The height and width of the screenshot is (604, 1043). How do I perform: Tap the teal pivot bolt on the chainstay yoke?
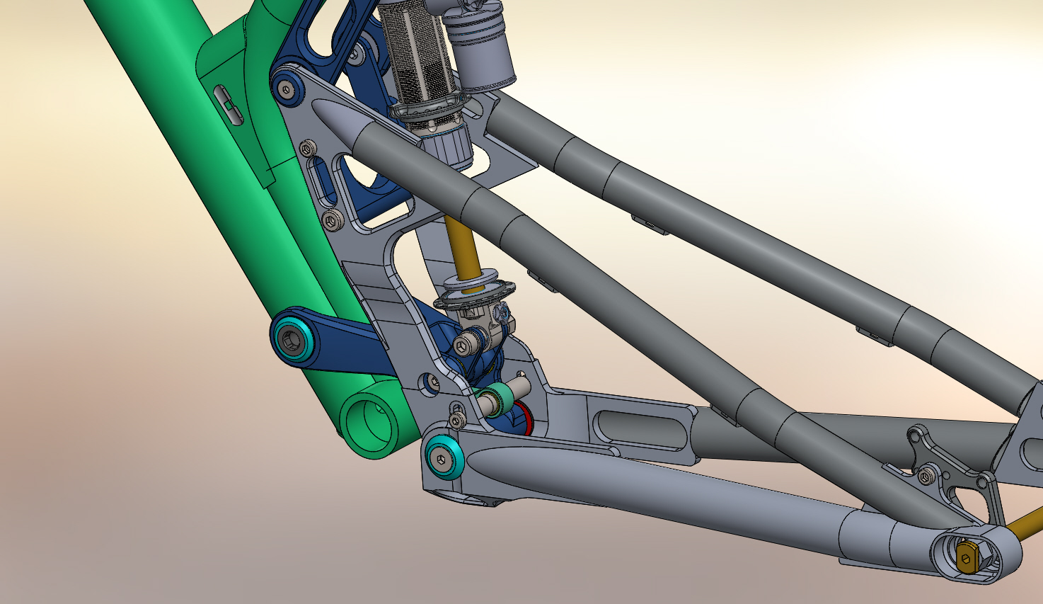[x=444, y=460]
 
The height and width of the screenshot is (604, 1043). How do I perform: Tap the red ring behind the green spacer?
[x=524, y=418]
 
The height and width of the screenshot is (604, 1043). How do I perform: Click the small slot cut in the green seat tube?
[x=228, y=105]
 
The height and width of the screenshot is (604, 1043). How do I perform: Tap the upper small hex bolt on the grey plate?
[x=308, y=149]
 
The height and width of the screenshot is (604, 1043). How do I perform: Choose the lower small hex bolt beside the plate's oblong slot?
[x=332, y=222]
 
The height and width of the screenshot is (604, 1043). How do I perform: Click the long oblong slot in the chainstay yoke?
[x=640, y=428]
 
